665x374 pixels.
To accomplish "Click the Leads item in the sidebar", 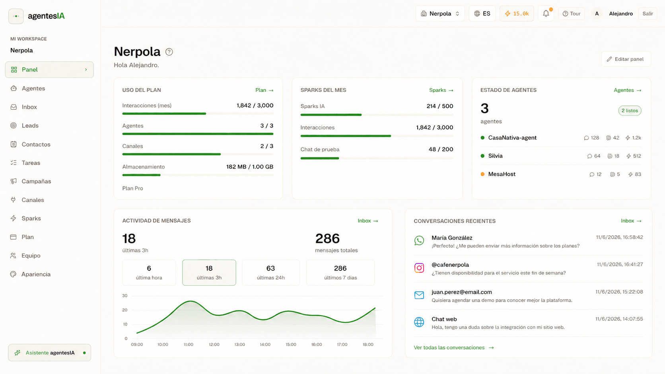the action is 30,126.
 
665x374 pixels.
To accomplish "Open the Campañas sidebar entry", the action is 36,181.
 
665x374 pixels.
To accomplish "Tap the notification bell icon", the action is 546,14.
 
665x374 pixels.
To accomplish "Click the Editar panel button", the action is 626,59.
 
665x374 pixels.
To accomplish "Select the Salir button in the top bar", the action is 647,14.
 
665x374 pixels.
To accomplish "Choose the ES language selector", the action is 482,14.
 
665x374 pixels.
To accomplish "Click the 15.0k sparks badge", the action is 517,14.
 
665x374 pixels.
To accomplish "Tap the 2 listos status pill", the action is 630,110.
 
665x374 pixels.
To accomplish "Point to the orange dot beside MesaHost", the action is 482,174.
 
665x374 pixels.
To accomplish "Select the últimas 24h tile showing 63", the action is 270,273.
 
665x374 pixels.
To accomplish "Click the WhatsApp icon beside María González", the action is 419,240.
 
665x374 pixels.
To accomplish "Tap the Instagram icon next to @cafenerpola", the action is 419,268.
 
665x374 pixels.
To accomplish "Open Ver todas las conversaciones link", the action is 454,348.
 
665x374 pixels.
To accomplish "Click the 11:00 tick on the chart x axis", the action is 188,344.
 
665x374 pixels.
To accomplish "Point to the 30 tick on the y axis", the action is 125,296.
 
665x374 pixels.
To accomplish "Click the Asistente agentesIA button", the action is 50,353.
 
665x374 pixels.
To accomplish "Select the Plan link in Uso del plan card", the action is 264,90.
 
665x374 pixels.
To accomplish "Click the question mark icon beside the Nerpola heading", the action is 169,52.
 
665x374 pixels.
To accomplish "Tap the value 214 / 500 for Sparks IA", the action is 439,106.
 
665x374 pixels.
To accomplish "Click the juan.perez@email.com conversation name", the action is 462,292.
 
